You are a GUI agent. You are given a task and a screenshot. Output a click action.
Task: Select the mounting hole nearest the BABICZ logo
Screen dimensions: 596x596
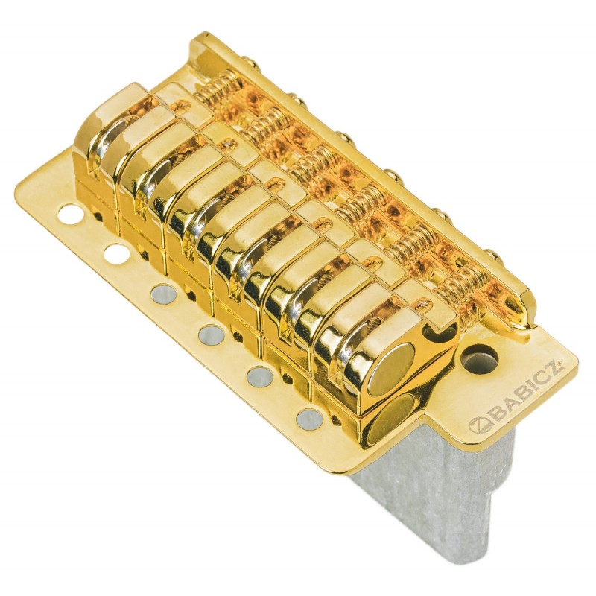(308, 418)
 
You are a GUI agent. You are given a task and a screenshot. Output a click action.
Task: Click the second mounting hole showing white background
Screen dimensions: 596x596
(115, 253)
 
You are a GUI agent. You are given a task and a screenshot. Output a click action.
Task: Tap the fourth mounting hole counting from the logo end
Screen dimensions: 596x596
(164, 293)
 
